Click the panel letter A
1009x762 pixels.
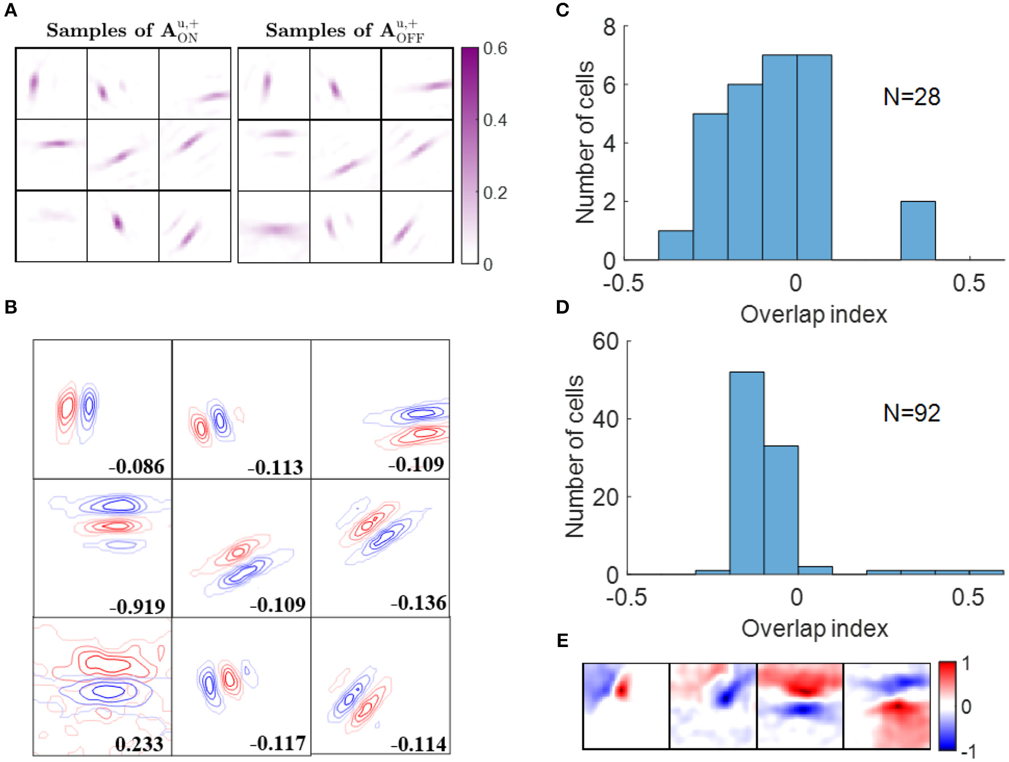click(11, 11)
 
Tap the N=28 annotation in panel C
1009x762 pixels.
click(911, 97)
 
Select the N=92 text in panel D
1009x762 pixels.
click(911, 413)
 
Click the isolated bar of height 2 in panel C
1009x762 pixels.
click(917, 230)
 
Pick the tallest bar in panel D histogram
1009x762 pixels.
click(747, 472)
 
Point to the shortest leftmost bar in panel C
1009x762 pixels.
click(675, 246)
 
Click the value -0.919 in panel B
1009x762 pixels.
click(137, 606)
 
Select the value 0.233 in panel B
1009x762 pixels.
click(139, 744)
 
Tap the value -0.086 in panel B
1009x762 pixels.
click(137, 467)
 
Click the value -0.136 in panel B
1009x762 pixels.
click(419, 603)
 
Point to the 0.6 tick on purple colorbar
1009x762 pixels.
click(495, 48)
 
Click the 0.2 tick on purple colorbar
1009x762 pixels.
click(495, 193)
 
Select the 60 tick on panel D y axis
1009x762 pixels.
click(605, 341)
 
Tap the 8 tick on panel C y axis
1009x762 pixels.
click(609, 27)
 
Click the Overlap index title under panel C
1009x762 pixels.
click(813, 314)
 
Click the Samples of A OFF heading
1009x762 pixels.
click(344, 31)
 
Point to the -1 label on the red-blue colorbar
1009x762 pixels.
click(968, 752)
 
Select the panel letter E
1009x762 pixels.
click(562, 641)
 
